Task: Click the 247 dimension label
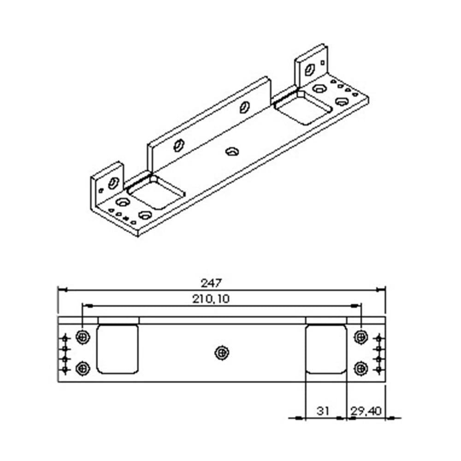[x=211, y=283]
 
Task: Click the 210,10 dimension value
[x=211, y=299]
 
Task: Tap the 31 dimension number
[x=323, y=410]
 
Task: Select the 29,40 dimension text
[x=366, y=410]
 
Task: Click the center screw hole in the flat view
[x=222, y=353]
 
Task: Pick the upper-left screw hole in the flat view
[x=83, y=337]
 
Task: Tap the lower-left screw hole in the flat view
[x=83, y=368]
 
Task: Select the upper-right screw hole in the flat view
[x=361, y=337]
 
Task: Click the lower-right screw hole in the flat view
[x=361, y=368]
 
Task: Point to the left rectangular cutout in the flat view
[x=118, y=349]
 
